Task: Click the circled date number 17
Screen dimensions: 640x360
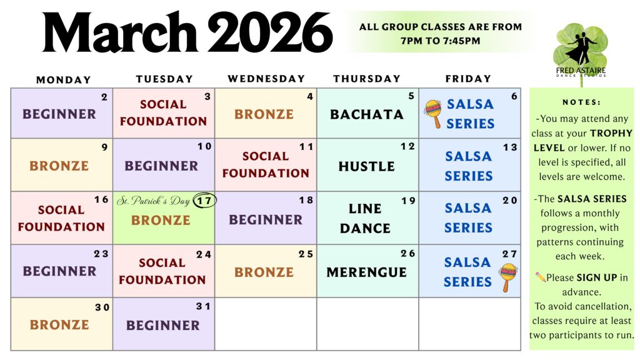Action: click(x=204, y=201)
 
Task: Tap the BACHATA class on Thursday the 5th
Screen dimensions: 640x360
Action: click(x=366, y=114)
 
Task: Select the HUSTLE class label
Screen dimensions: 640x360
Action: click(x=366, y=166)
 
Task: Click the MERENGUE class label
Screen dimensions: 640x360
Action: click(x=366, y=272)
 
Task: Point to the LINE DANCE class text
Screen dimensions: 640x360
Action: click(x=365, y=218)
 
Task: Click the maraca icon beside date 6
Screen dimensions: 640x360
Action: click(x=433, y=114)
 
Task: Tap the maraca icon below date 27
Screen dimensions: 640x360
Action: click(x=507, y=277)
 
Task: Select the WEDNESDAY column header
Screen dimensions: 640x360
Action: click(x=266, y=79)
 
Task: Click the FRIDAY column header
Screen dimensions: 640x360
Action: click(x=468, y=79)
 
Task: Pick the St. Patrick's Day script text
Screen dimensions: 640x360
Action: click(x=154, y=201)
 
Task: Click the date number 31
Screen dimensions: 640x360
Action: click(x=203, y=306)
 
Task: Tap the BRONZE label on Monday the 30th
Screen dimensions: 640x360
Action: click(x=59, y=325)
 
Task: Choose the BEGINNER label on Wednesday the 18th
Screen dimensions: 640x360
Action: click(x=266, y=220)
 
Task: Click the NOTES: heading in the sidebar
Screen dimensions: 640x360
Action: click(x=581, y=102)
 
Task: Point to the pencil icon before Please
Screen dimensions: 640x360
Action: click(x=541, y=277)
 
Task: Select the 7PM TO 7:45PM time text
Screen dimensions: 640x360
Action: click(x=441, y=41)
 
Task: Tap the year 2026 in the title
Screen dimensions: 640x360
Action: click(x=270, y=32)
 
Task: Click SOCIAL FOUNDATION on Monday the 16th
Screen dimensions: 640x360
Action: click(x=61, y=218)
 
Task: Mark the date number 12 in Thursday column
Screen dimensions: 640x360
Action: click(x=407, y=146)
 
